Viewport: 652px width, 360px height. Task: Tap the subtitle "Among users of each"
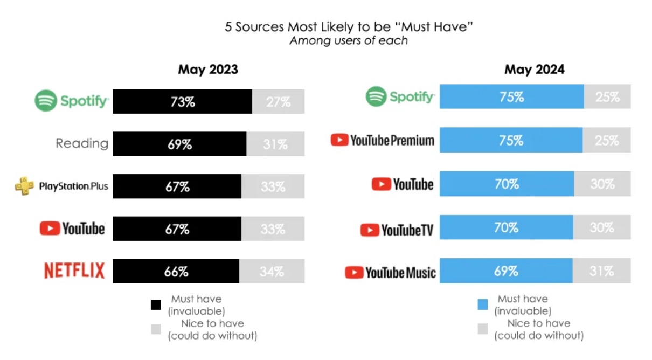(x=349, y=41)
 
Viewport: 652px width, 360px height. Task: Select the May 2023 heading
(x=208, y=70)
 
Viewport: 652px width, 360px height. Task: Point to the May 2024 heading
(x=535, y=70)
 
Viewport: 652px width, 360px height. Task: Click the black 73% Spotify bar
(x=182, y=101)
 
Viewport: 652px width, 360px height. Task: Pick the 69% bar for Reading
(x=179, y=144)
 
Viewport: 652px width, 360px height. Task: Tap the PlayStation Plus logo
(x=61, y=186)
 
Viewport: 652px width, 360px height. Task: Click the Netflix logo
(x=74, y=271)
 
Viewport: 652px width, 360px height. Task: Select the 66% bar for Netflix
(x=176, y=271)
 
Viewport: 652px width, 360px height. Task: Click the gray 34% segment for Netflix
(x=272, y=271)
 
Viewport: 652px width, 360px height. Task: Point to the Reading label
(x=82, y=144)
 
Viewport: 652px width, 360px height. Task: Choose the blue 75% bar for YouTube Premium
(x=511, y=140)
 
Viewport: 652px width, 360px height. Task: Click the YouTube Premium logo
(x=383, y=141)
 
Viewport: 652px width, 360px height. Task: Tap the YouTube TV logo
(x=397, y=230)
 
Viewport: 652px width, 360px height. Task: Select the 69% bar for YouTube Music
(x=506, y=271)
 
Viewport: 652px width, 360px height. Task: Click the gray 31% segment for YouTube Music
(x=601, y=271)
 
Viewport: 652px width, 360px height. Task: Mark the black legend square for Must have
(x=156, y=305)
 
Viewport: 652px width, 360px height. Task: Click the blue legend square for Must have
(x=483, y=305)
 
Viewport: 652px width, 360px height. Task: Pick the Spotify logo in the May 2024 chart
(x=400, y=97)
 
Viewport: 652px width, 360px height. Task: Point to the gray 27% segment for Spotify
(x=278, y=101)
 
